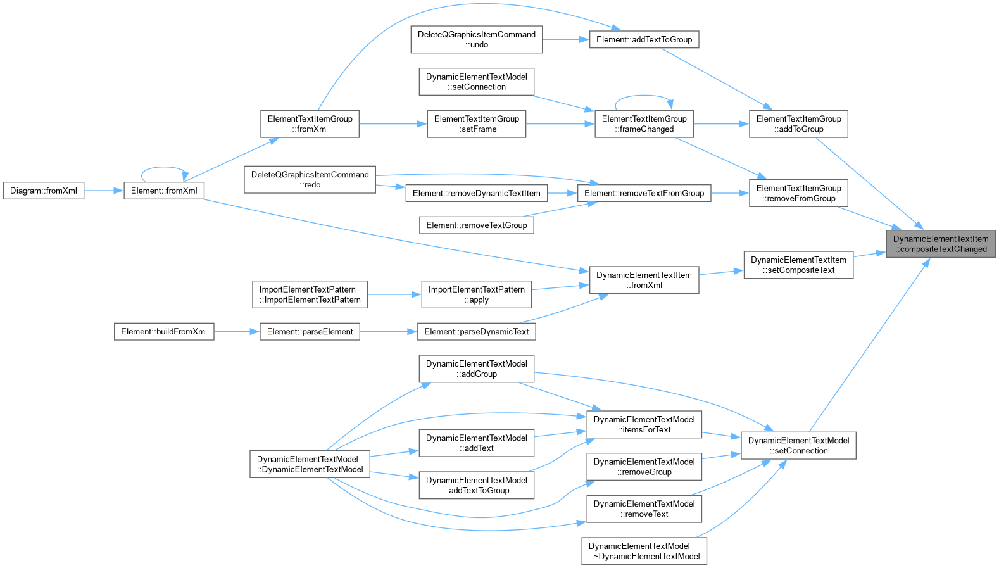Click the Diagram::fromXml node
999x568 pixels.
click(x=43, y=191)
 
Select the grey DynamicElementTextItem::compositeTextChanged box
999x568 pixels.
click(x=941, y=244)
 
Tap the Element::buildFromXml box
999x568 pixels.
click(x=164, y=332)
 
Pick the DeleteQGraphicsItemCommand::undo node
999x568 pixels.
click(x=476, y=40)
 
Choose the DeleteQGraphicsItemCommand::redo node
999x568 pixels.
click(x=310, y=180)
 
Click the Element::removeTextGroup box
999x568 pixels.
click(x=476, y=225)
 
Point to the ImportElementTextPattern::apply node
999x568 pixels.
click(x=476, y=294)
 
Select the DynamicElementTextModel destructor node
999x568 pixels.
click(x=644, y=551)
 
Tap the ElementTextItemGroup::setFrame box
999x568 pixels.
click(x=476, y=124)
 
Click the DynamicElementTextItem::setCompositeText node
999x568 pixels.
click(x=798, y=265)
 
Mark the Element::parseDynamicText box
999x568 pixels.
click(x=476, y=332)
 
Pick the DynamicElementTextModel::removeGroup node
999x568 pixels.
click(x=644, y=467)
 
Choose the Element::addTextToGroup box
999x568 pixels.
click(x=644, y=40)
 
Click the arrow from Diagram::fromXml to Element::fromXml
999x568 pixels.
click(x=103, y=191)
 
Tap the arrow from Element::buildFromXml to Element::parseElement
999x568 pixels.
click(x=237, y=332)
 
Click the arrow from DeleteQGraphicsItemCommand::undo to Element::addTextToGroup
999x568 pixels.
click(x=566, y=40)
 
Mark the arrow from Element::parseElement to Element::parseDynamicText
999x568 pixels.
click(x=389, y=332)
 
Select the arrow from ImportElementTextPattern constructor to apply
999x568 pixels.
click(x=394, y=294)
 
